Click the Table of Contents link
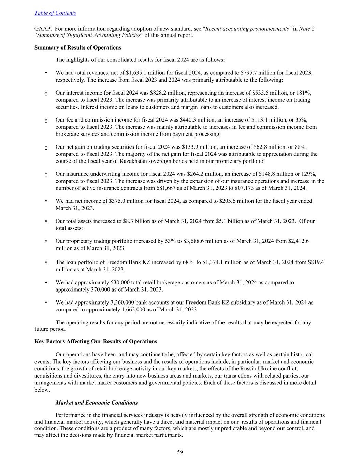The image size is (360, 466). click(x=55, y=13)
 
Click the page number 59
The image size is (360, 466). click(x=180, y=452)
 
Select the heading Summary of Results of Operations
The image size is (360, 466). click(x=78, y=47)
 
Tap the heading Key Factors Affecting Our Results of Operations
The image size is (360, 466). click(x=96, y=341)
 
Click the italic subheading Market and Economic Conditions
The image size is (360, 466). click(x=97, y=403)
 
